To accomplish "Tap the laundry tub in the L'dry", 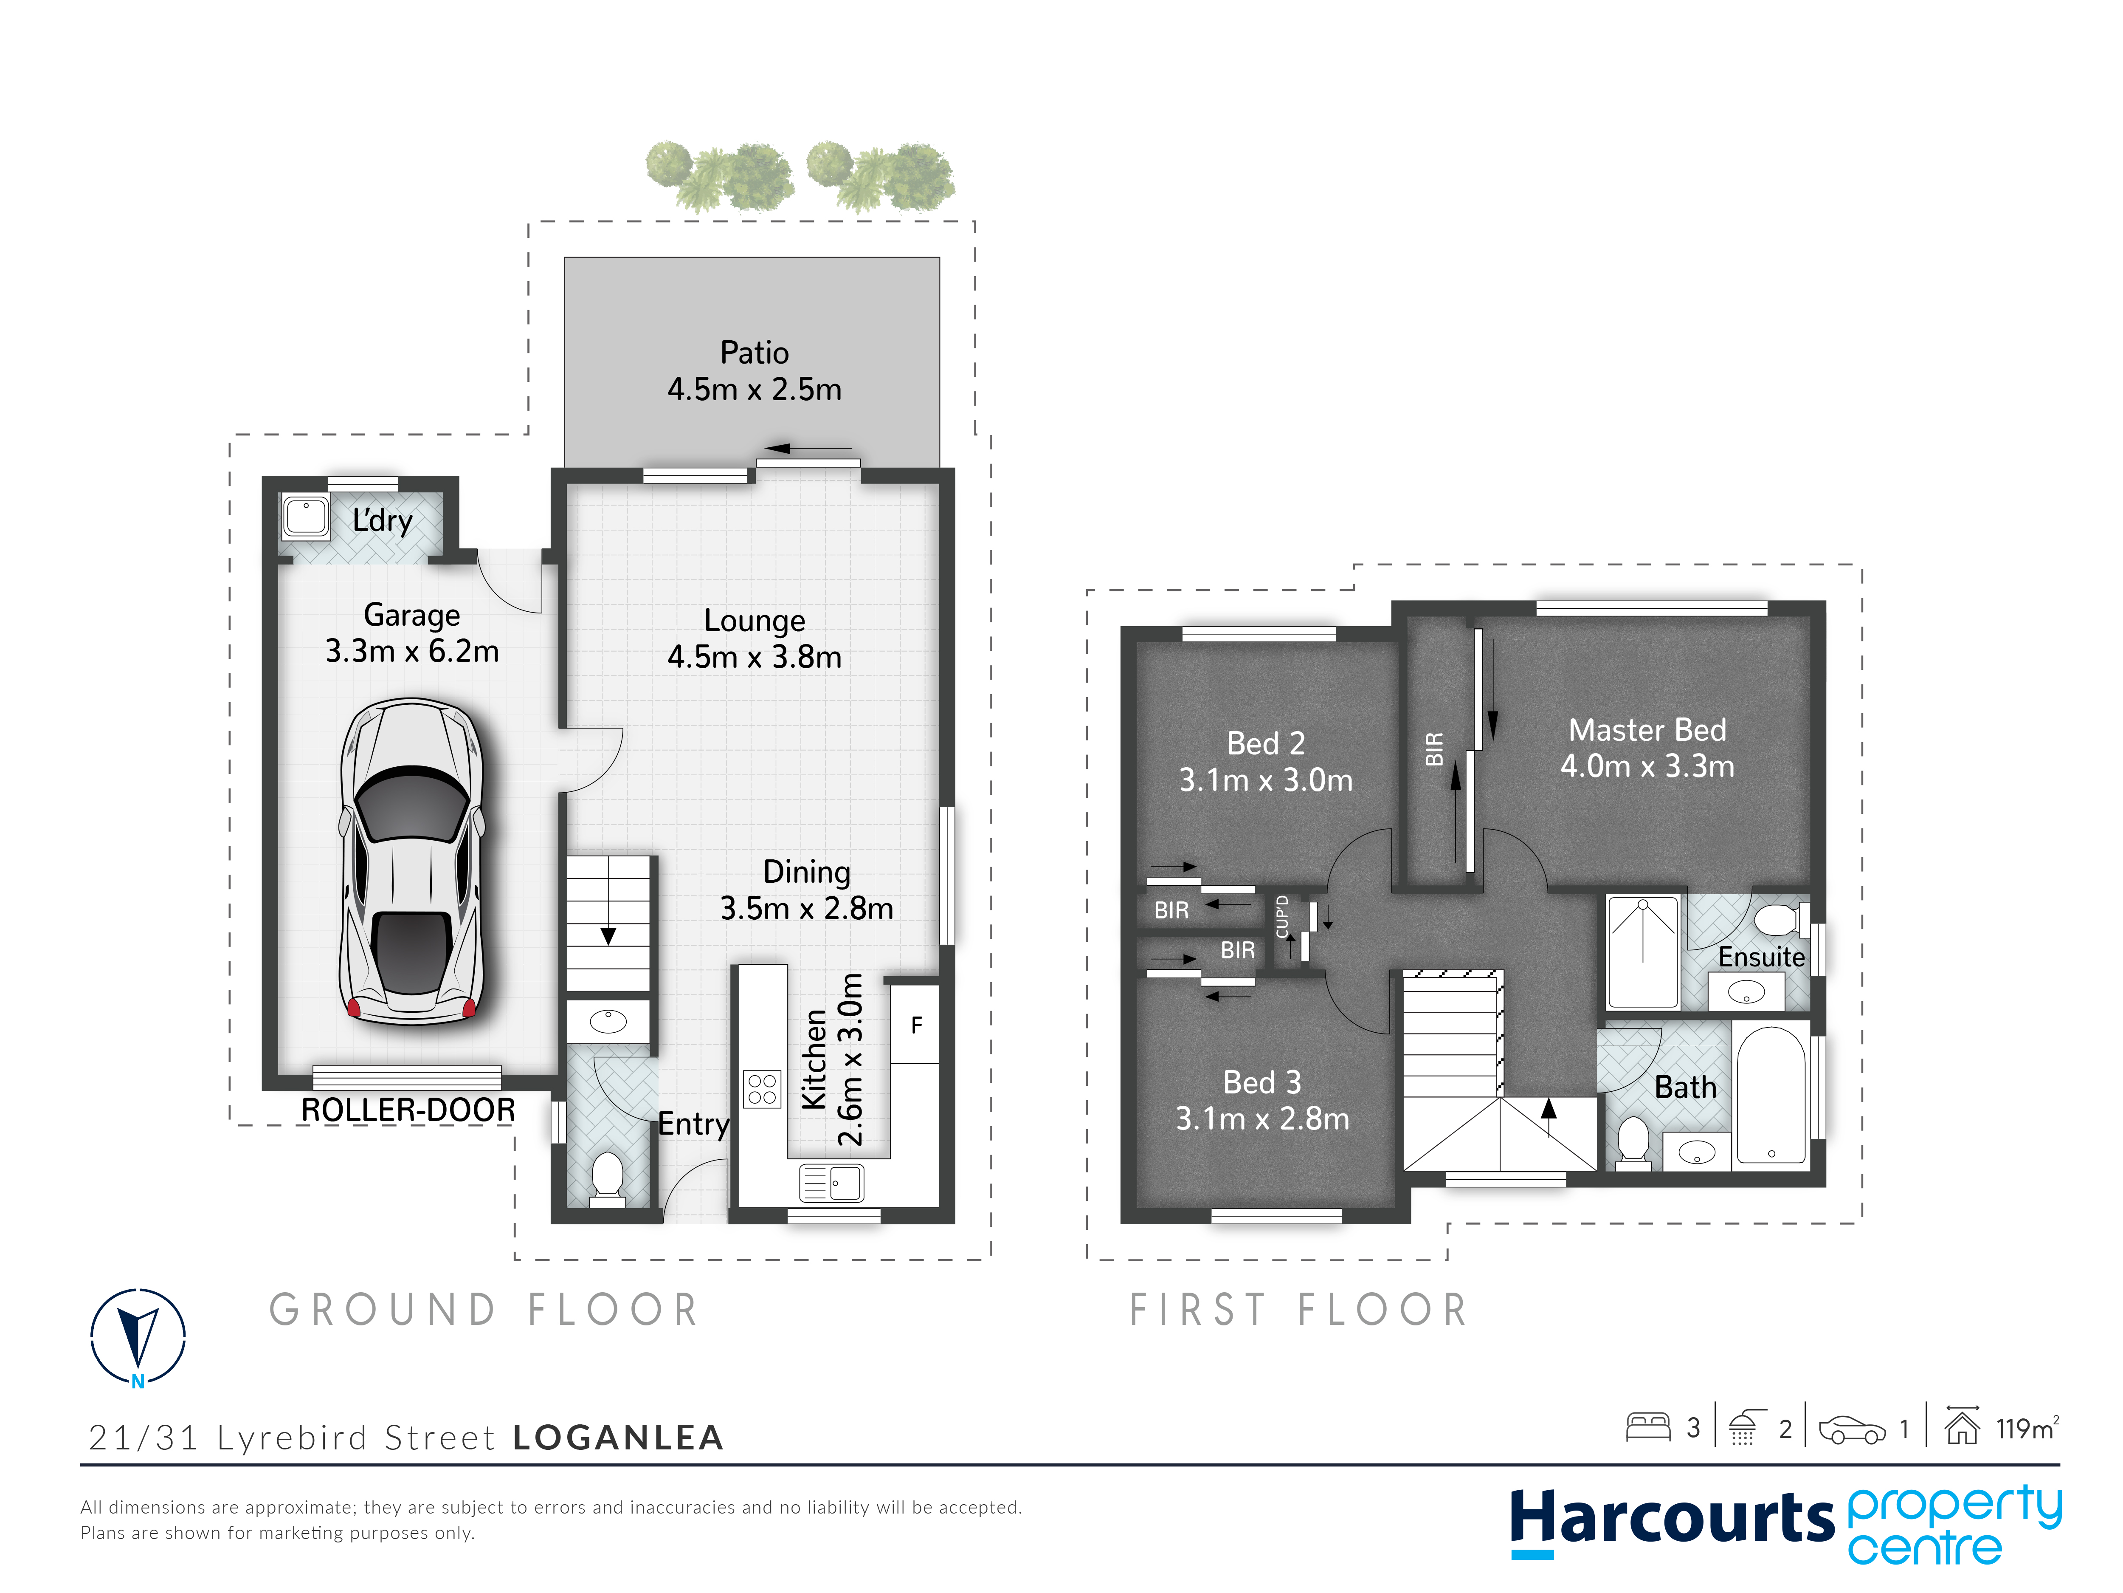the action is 306,517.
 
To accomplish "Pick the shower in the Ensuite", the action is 1643,951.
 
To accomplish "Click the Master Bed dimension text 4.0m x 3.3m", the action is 1647,766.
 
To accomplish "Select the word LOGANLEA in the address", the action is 618,1438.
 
